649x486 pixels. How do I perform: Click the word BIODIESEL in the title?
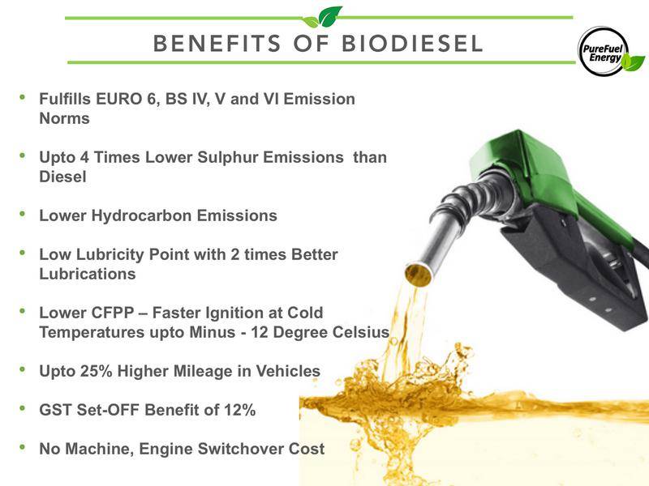click(412, 44)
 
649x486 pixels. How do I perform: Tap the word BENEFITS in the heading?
click(217, 44)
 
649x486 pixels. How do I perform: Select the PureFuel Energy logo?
click(610, 51)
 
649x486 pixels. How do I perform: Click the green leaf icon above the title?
click(323, 17)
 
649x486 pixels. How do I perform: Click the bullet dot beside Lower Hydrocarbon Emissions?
click(23, 214)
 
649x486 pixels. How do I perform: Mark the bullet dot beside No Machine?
click(23, 447)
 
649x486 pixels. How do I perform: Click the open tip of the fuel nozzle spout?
click(418, 274)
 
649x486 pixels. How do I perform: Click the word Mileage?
click(203, 372)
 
